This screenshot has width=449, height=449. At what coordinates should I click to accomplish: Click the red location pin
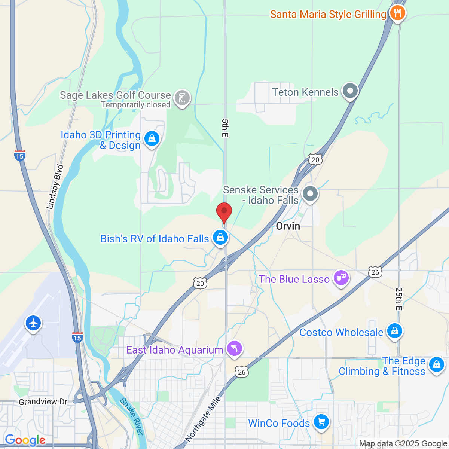click(x=224, y=212)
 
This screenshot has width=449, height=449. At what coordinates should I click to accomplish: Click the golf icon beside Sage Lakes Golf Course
click(x=182, y=98)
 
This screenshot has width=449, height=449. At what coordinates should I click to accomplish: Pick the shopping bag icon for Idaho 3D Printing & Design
click(x=152, y=139)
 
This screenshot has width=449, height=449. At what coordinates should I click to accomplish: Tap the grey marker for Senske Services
click(x=310, y=194)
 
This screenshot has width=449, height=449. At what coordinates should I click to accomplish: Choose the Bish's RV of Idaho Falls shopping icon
click(x=220, y=237)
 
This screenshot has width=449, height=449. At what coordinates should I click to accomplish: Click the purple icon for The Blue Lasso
click(x=341, y=278)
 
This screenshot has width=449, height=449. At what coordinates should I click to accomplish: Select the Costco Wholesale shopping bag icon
click(x=394, y=331)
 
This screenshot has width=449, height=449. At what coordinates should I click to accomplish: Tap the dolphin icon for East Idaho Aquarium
click(x=235, y=349)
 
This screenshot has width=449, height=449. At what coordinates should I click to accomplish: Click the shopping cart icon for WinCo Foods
click(x=321, y=422)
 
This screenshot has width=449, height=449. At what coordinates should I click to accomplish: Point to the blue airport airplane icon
click(x=33, y=323)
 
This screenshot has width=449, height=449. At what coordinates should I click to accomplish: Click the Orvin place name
click(x=288, y=226)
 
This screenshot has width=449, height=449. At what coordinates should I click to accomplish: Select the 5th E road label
click(x=224, y=128)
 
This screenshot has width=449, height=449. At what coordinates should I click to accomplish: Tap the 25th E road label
click(x=399, y=299)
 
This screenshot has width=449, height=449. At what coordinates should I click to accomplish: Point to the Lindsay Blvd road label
click(x=55, y=187)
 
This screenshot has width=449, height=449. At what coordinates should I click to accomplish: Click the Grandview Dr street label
click(x=43, y=402)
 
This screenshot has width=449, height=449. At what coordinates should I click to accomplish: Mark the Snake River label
click(x=132, y=416)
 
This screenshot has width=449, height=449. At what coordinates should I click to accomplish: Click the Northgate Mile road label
click(x=204, y=418)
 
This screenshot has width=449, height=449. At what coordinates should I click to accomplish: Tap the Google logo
click(x=25, y=440)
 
